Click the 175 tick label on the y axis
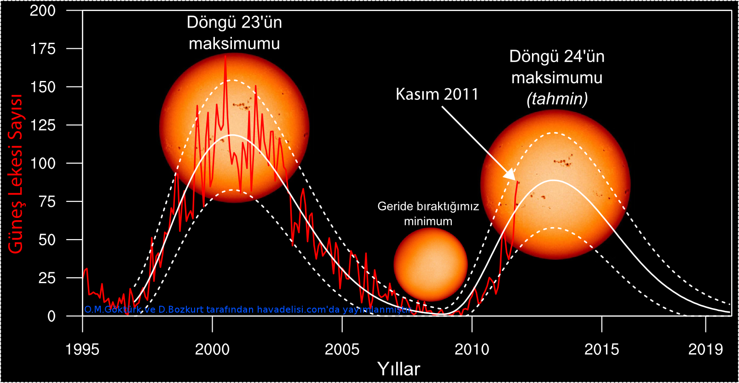[43, 49]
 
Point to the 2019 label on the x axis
[705, 349]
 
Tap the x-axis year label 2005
[342, 349]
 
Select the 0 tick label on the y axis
[51, 316]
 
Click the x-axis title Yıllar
[398, 369]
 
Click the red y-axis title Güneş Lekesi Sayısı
[16, 174]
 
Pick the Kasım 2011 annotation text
[437, 94]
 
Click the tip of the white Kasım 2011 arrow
[514, 179]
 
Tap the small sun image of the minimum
[431, 264]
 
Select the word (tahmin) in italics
[557, 99]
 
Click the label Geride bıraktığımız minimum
[428, 213]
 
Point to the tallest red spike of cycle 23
[225, 57]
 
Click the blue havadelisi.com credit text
[247, 309]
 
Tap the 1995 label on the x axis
[82, 349]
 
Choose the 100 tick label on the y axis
[43, 163]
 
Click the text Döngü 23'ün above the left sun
[234, 23]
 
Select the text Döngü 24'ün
[557, 57]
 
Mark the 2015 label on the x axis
[601, 349]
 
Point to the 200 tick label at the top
[43, 11]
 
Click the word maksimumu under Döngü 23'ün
[234, 44]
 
